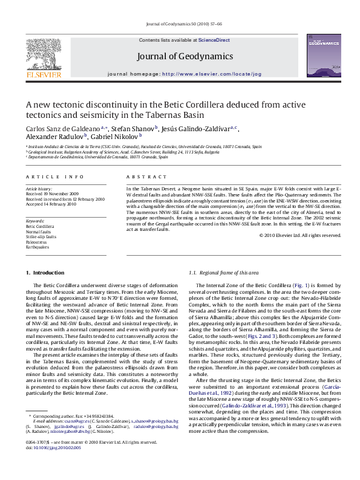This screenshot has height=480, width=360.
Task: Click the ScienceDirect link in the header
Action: click(x=214, y=40)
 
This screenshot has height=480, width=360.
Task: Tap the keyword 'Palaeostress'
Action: click(x=36, y=241)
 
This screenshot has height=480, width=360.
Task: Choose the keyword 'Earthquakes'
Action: click(x=36, y=246)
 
